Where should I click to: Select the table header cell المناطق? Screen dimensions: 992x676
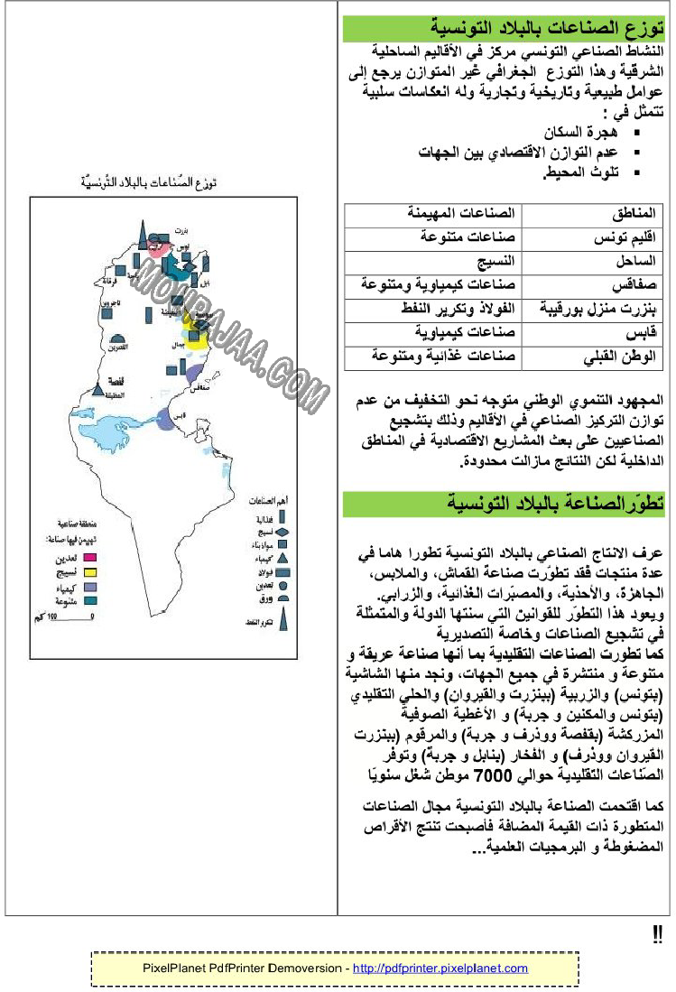[x=636, y=215]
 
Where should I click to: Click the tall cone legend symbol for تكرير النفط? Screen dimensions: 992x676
[x=282, y=619]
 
